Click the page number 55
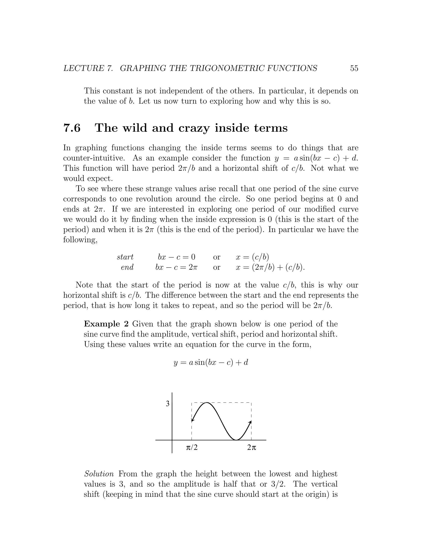point(354,68)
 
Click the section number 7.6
point(72,128)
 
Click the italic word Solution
point(99,474)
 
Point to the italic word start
point(125,257)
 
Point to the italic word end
point(127,267)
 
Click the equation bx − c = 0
point(177,257)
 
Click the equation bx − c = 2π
point(177,267)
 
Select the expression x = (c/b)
point(252,257)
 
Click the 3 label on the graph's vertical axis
point(167,404)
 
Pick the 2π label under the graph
point(252,448)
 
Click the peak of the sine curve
point(207,403)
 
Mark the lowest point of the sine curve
point(236,440)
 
